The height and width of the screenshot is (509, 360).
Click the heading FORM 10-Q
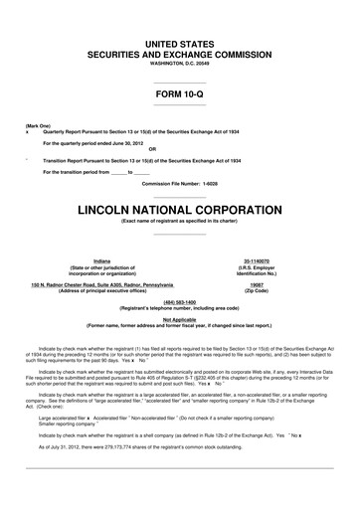coord(181,94)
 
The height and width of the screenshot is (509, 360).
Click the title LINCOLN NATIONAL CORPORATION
coord(180,212)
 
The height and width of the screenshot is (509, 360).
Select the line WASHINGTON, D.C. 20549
coord(180,64)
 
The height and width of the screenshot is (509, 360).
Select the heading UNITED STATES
coord(180,44)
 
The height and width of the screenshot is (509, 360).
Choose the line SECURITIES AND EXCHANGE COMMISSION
coord(180,55)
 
